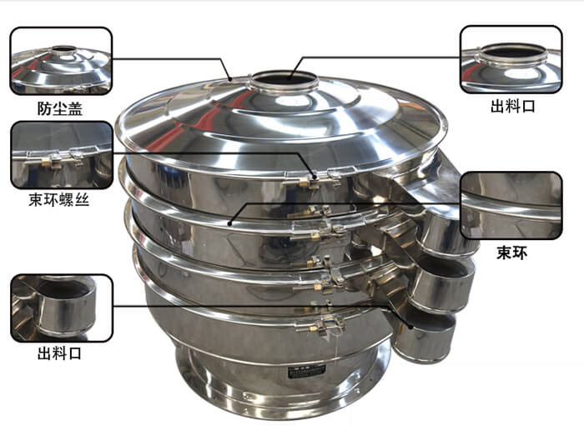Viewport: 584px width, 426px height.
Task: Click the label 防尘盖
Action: [x=60, y=108]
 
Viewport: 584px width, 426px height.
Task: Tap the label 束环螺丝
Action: [x=59, y=200]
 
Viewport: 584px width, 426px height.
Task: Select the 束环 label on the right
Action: [x=512, y=253]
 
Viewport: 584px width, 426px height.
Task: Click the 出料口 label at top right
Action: [x=513, y=107]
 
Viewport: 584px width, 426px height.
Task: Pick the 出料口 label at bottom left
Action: [x=59, y=353]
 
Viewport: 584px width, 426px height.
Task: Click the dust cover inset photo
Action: [x=61, y=61]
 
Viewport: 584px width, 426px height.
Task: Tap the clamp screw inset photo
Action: [x=62, y=155]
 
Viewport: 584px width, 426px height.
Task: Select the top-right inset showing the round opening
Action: [x=511, y=59]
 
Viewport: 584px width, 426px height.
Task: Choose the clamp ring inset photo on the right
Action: [x=511, y=205]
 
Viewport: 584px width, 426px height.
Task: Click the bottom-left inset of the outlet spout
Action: [x=62, y=308]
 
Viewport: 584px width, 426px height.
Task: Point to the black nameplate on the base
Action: [x=307, y=371]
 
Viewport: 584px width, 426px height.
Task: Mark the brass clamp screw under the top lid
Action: [x=304, y=182]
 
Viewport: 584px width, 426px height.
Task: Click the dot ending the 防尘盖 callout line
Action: [x=231, y=79]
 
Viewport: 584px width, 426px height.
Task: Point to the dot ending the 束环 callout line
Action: [x=229, y=223]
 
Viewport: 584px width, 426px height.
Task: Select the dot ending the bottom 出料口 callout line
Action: [x=410, y=327]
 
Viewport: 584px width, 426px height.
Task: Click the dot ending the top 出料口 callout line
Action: [x=290, y=78]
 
